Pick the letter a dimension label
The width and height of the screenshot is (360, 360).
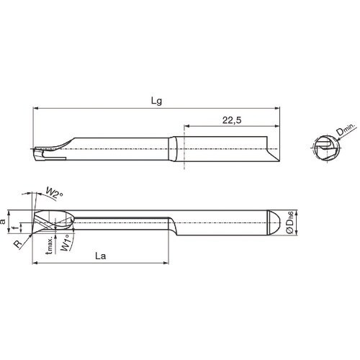point(4,223)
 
